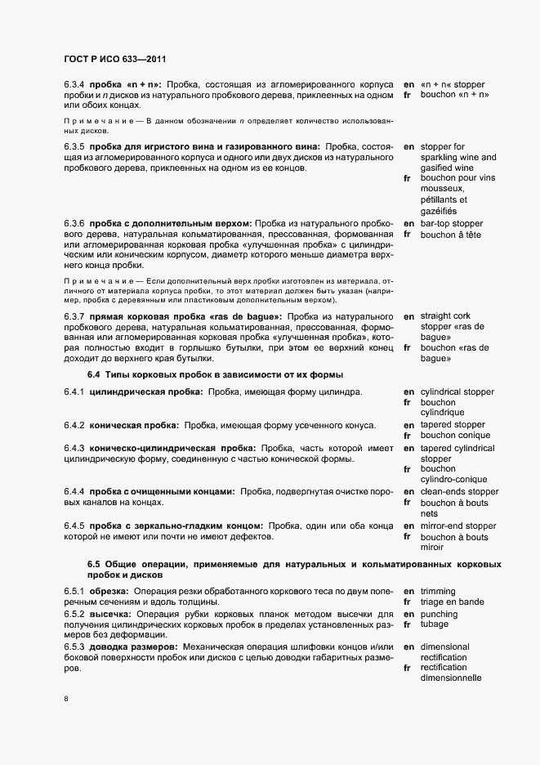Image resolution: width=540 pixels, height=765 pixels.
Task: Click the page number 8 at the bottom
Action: (x=65, y=699)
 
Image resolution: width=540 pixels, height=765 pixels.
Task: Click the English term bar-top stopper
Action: (x=452, y=223)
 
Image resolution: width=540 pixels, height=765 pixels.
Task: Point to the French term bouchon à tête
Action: (x=450, y=235)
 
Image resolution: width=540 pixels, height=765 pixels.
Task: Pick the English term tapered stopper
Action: (x=453, y=425)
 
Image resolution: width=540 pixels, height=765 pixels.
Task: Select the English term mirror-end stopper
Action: (x=458, y=526)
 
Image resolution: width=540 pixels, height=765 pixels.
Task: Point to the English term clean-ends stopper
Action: (x=459, y=491)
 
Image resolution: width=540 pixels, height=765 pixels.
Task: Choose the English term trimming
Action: (x=438, y=590)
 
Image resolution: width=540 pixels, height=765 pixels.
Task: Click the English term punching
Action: (x=439, y=614)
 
